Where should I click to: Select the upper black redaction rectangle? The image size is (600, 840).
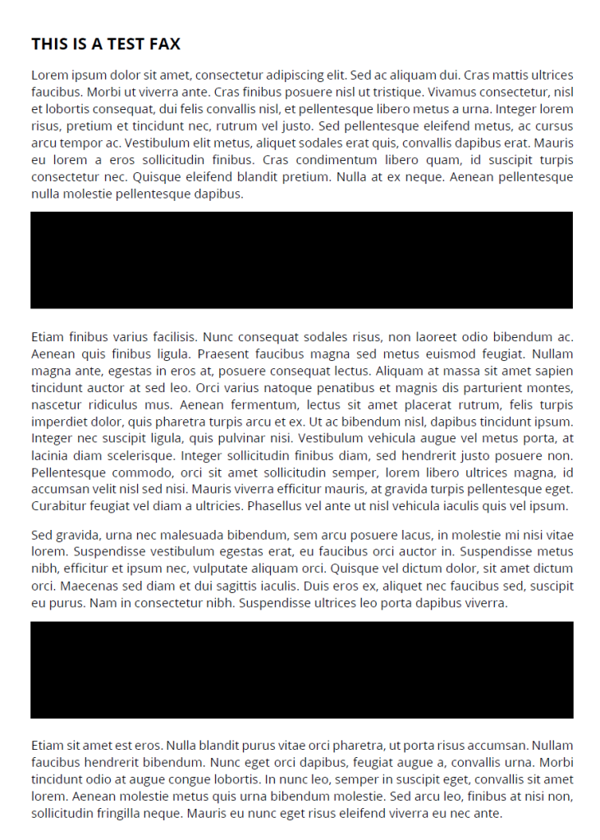click(301, 260)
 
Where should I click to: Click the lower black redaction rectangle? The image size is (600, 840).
click(301, 669)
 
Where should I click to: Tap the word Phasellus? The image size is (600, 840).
click(276, 505)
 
